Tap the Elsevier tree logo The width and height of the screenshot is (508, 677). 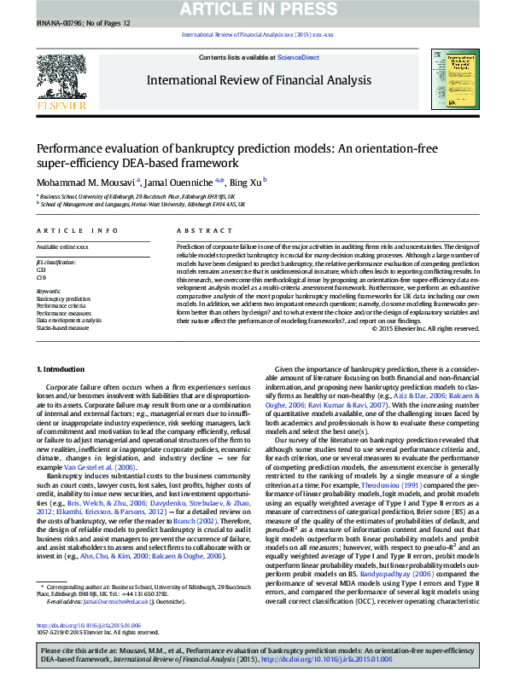(x=61, y=81)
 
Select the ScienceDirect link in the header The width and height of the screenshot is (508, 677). (x=300, y=57)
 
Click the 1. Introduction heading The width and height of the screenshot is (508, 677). (x=62, y=368)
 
